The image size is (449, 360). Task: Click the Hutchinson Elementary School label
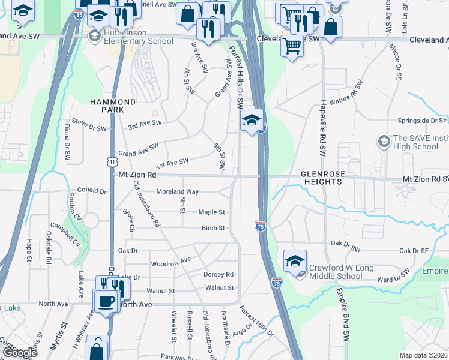(137, 37)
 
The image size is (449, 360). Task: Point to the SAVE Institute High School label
(417, 142)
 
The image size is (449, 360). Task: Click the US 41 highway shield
(111, 162)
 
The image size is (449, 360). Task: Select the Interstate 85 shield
(79, 14)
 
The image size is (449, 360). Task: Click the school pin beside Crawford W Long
(295, 262)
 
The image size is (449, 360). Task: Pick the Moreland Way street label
(177, 191)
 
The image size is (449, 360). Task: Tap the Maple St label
(212, 212)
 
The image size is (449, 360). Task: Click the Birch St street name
(213, 228)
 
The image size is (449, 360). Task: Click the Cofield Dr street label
(91, 191)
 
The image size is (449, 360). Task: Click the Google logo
(20, 353)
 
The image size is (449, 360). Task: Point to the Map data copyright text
(424, 356)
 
